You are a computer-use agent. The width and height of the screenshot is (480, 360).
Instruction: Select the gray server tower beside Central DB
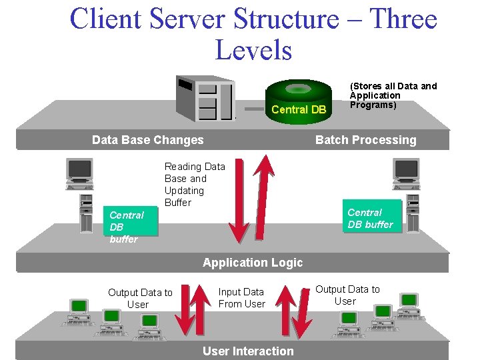tap(205, 99)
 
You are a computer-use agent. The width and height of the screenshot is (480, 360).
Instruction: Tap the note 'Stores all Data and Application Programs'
tap(393, 95)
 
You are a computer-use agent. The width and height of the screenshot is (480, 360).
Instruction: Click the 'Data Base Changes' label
tap(147, 140)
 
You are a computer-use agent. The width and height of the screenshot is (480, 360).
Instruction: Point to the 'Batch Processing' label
tap(365, 140)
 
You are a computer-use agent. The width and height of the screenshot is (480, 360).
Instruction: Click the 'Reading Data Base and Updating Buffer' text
tap(195, 184)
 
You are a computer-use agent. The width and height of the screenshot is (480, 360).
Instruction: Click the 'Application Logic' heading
tap(252, 263)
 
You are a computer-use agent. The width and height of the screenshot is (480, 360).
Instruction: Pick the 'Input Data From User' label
tap(241, 298)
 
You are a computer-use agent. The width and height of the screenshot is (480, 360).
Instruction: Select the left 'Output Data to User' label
tap(140, 298)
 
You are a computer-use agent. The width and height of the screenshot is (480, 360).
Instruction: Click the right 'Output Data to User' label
tap(347, 295)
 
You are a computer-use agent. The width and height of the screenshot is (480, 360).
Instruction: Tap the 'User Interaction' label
tap(248, 351)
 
